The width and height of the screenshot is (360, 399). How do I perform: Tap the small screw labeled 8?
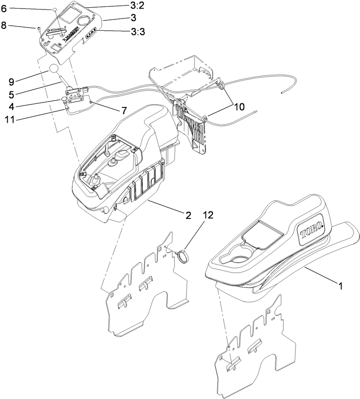point(39,29)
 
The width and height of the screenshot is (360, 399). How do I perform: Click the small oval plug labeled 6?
point(54,9)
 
